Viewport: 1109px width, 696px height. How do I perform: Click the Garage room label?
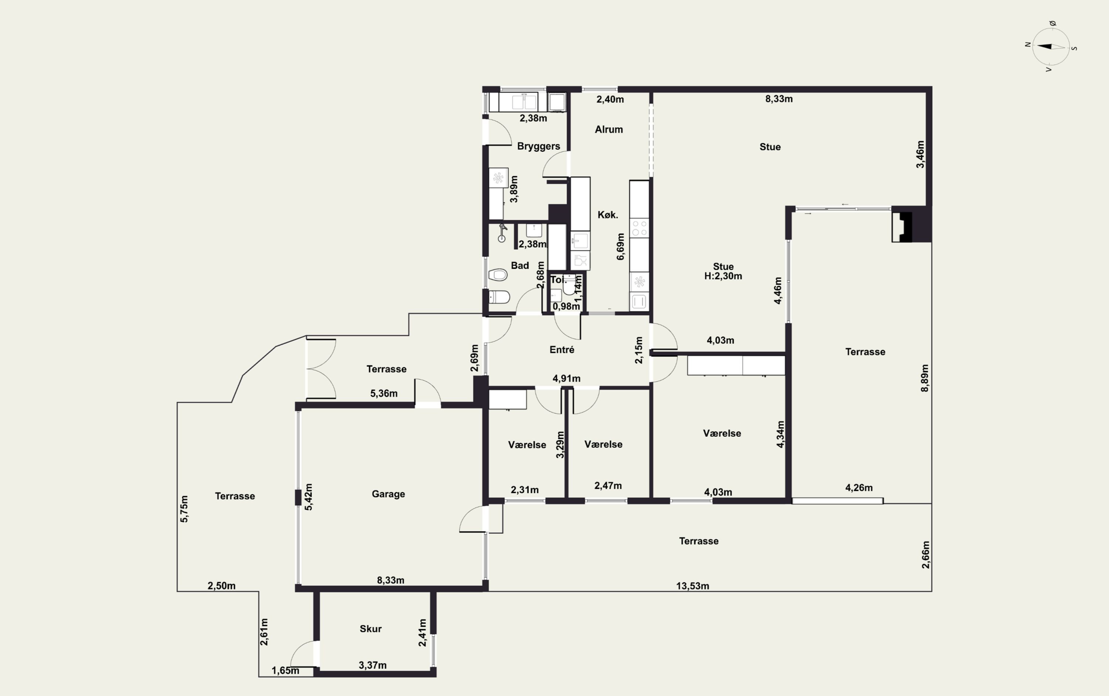[x=388, y=494]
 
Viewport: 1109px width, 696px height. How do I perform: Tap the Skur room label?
[x=370, y=629]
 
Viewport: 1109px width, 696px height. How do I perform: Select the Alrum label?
[x=608, y=129]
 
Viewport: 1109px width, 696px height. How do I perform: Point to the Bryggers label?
[x=539, y=146]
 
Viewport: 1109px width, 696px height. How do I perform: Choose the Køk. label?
[x=608, y=214]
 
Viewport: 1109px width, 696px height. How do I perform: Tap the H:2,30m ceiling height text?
[x=723, y=276]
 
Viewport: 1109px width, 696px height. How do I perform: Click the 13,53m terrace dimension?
[x=692, y=586]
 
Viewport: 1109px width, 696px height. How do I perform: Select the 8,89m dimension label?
[x=925, y=378]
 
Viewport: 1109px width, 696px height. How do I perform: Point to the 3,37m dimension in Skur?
[x=372, y=665]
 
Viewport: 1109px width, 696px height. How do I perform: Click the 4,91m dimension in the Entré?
[x=566, y=378]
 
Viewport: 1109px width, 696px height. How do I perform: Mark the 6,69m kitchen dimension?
[x=621, y=247]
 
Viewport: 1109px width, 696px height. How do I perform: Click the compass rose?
[x=1051, y=47]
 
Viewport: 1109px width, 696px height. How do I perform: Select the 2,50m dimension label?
[x=221, y=586]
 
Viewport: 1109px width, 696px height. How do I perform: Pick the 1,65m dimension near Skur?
[x=285, y=671]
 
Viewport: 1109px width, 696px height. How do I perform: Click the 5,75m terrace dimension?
[x=184, y=509]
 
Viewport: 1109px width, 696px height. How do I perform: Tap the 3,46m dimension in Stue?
[x=920, y=154]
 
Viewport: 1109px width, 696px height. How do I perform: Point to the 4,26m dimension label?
[x=859, y=488]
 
